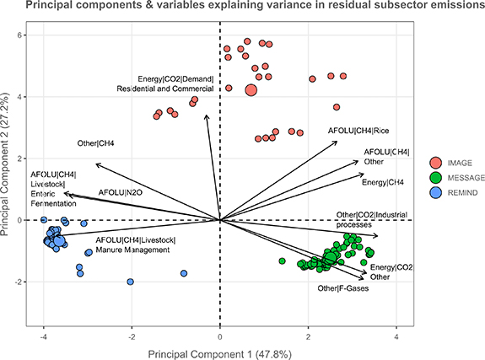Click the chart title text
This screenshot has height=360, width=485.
[x=242, y=8]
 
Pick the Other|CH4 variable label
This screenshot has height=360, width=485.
[x=95, y=143]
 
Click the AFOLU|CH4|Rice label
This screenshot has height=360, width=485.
[x=358, y=131]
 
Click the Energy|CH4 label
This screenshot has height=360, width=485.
[x=383, y=182]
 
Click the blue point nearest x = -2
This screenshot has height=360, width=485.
[x=131, y=282]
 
